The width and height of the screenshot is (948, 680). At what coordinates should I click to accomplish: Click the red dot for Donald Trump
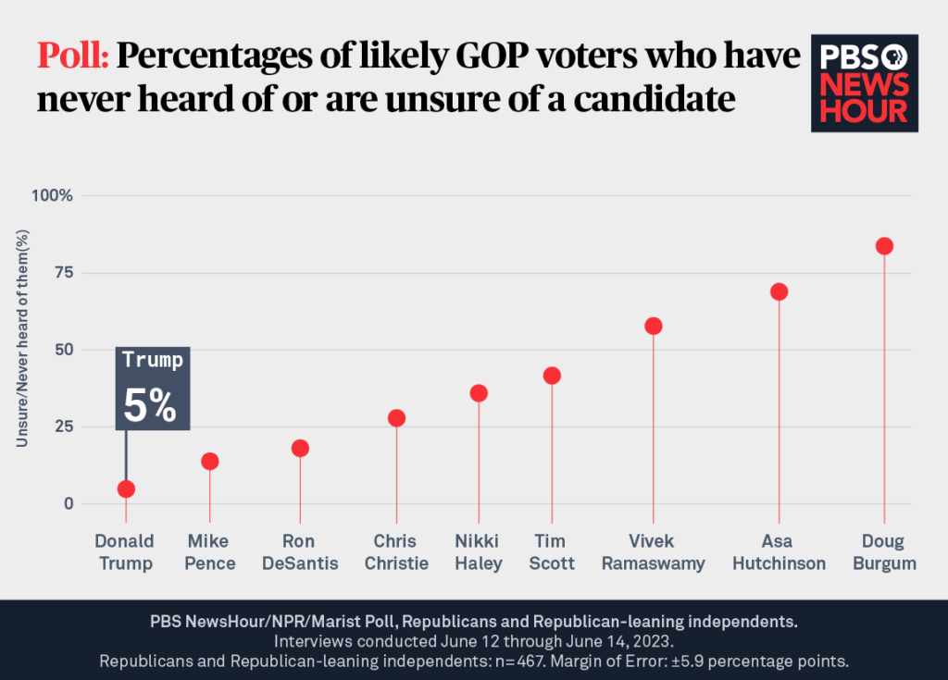point(126,488)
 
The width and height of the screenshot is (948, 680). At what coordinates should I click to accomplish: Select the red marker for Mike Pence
point(210,461)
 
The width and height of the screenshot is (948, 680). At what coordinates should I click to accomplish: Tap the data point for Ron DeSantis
point(300,448)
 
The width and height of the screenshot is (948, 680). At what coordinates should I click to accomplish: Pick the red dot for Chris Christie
point(396,417)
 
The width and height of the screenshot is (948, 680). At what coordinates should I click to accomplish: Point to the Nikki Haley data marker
point(479,392)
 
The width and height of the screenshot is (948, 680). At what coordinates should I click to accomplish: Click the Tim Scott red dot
point(552,375)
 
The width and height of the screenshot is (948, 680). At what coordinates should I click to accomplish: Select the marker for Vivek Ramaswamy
point(654,326)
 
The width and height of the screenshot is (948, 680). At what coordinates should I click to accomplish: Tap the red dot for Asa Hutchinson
point(779,291)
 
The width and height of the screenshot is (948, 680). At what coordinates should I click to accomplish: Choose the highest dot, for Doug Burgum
point(884,245)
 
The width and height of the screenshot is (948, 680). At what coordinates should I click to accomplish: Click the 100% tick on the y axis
point(54,196)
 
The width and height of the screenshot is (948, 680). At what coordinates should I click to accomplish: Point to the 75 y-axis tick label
point(62,273)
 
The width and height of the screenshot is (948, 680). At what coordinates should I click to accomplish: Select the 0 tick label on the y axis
point(68,504)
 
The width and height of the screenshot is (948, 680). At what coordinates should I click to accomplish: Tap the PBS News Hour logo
point(865,84)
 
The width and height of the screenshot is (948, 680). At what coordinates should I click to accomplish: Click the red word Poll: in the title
point(74,57)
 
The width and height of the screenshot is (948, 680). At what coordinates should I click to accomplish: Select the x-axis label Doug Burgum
point(884,552)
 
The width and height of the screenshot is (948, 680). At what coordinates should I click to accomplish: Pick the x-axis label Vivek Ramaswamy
point(654,552)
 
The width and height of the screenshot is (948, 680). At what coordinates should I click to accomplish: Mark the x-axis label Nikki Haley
point(479,552)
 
